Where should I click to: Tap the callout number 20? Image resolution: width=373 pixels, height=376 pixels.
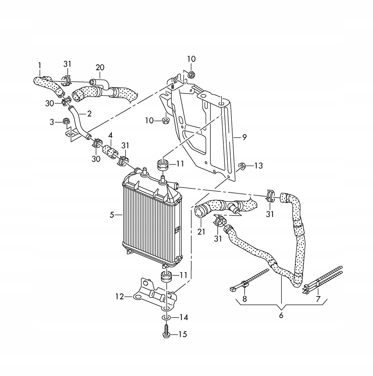pos(100,68)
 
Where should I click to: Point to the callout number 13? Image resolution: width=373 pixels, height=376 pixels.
pos(259,166)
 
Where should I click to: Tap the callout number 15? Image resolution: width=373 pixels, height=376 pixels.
pos(182,334)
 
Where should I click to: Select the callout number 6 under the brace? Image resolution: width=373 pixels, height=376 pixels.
pos(281,315)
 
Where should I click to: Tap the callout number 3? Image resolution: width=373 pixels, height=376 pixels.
pos(52,121)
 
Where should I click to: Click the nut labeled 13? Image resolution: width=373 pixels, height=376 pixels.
pos(242,166)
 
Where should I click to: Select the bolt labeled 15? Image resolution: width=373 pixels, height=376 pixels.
pos(166,331)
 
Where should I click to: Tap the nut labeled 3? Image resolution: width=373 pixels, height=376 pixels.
pos(67,121)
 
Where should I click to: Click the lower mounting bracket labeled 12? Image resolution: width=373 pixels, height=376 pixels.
pos(153,294)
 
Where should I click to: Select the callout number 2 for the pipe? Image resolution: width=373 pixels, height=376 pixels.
pos(89,114)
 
